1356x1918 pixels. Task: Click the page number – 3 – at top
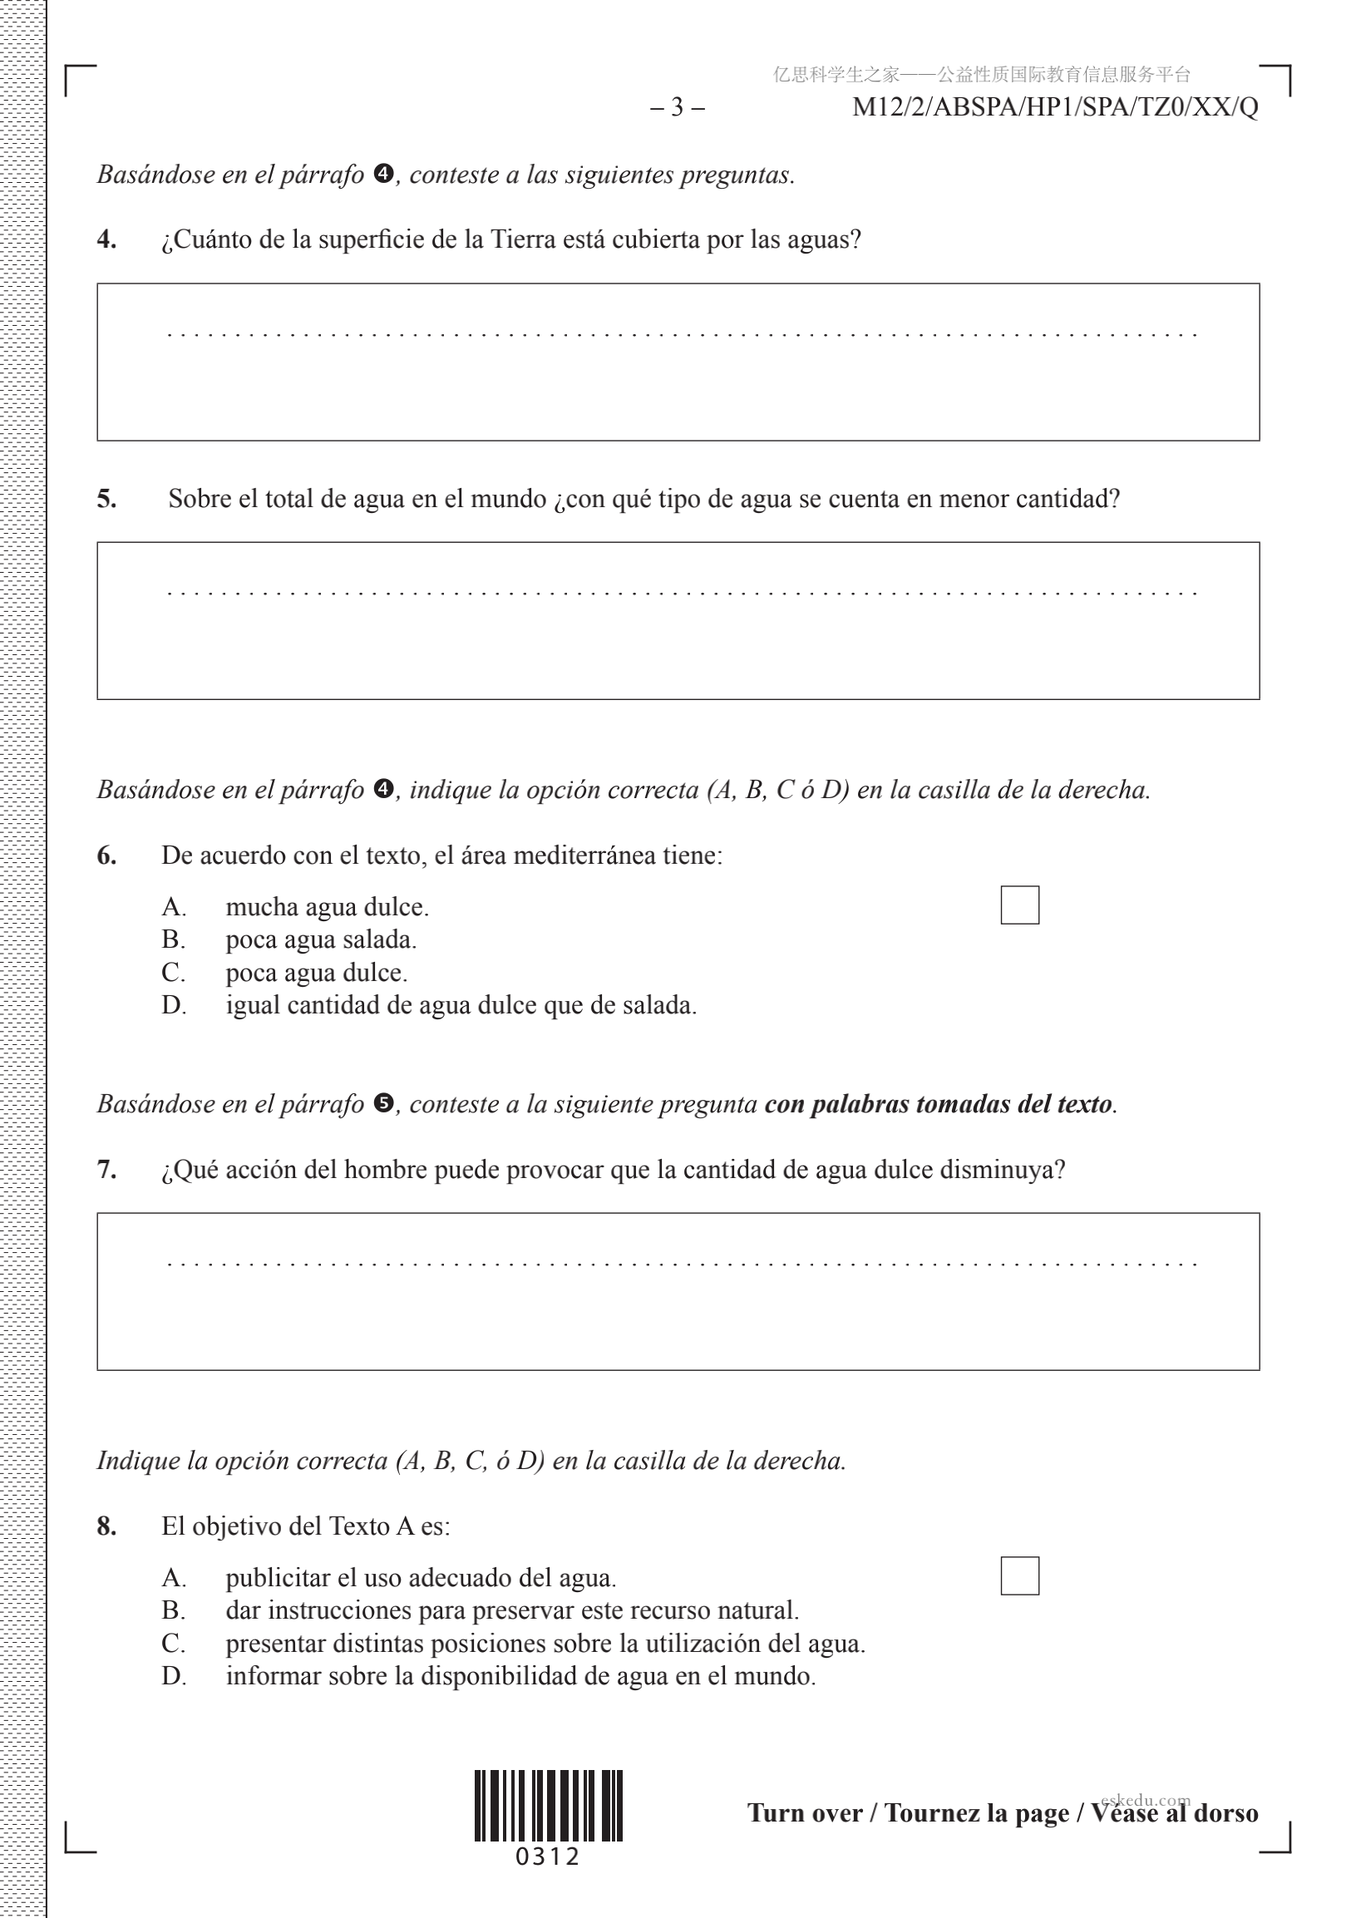(677, 107)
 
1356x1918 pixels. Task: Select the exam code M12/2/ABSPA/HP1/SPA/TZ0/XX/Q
(1054, 107)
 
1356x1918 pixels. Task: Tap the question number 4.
(106, 239)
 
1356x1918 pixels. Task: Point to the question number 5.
(106, 499)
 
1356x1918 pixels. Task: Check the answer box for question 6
(1019, 905)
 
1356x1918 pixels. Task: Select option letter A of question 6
(173, 907)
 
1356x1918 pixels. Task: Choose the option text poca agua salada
(321, 939)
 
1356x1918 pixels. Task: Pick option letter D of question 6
(173, 1005)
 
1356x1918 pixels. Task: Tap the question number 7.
(106, 1170)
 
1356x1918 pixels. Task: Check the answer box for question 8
(1019, 1575)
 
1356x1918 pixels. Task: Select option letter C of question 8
(173, 1643)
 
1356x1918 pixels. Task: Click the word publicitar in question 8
(278, 1578)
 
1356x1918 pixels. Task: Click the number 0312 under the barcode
(548, 1857)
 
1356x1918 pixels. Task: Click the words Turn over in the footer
(804, 1813)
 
